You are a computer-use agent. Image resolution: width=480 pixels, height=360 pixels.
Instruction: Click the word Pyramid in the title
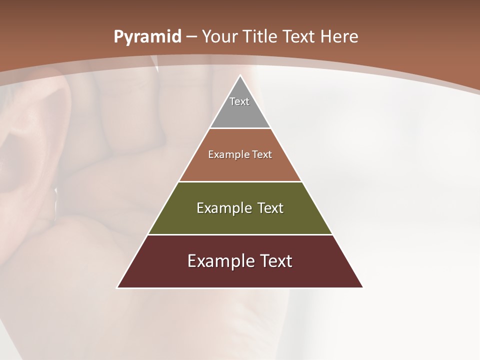click(147, 37)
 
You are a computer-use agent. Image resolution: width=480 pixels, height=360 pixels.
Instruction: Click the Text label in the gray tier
click(239, 101)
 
